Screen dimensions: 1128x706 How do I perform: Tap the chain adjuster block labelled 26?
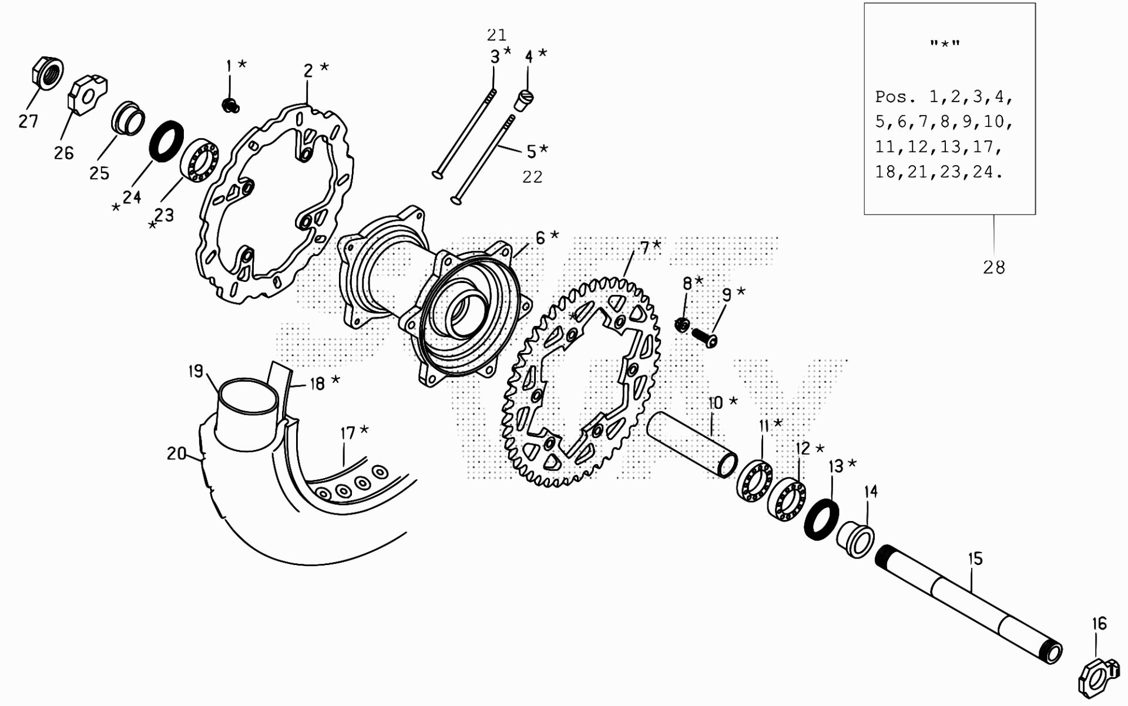pos(89,92)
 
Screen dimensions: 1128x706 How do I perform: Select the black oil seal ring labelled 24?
pos(167,140)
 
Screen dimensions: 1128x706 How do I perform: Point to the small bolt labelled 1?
pos(230,106)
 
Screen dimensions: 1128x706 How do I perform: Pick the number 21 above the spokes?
pos(496,35)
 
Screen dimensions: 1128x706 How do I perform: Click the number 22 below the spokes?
pos(532,177)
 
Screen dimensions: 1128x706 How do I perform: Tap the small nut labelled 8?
pos(682,324)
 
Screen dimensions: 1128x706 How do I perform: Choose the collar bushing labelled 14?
pos(855,538)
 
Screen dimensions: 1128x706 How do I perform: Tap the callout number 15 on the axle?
pos(975,559)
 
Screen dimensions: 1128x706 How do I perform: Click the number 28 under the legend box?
pos(994,268)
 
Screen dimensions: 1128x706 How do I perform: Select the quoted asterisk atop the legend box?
pos(945,44)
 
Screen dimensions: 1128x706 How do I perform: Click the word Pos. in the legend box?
pos(895,96)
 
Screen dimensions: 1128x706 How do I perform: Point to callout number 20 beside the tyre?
pos(176,453)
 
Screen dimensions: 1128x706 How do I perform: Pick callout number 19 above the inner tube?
pos(196,371)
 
